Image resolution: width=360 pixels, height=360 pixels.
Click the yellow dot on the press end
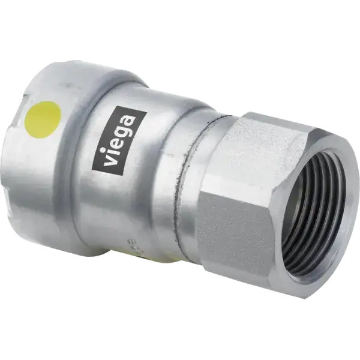coord(43,118)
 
